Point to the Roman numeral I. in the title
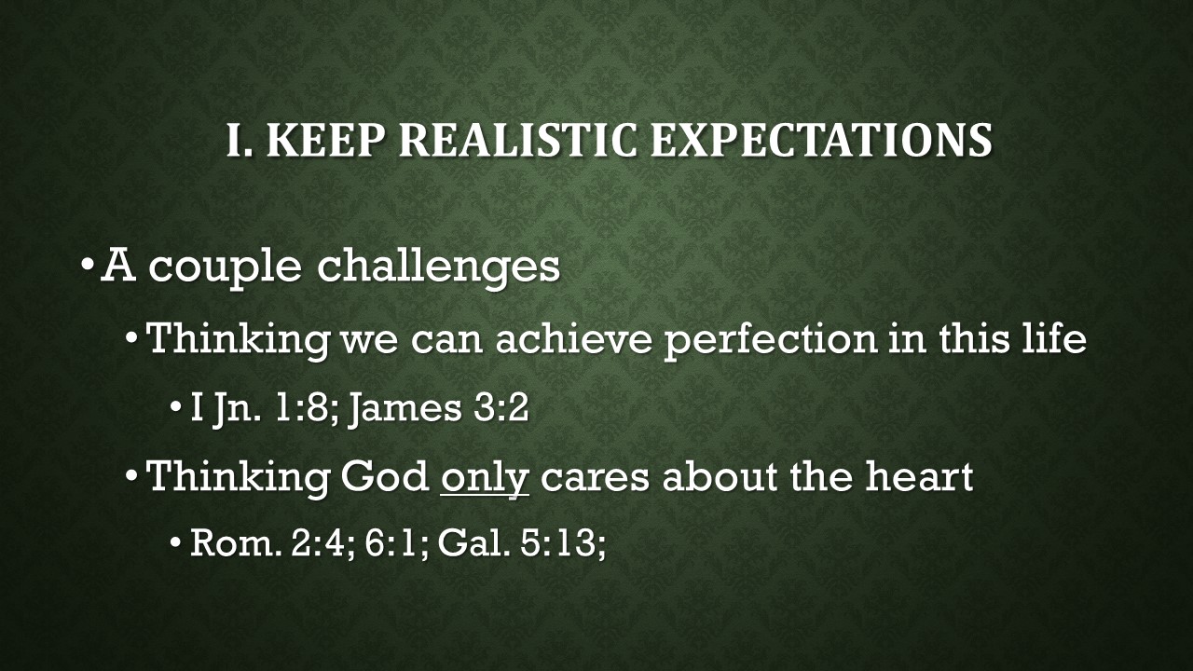point(240,141)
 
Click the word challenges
point(438,266)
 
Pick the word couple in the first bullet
point(226,267)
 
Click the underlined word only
point(485,478)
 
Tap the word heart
point(918,477)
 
